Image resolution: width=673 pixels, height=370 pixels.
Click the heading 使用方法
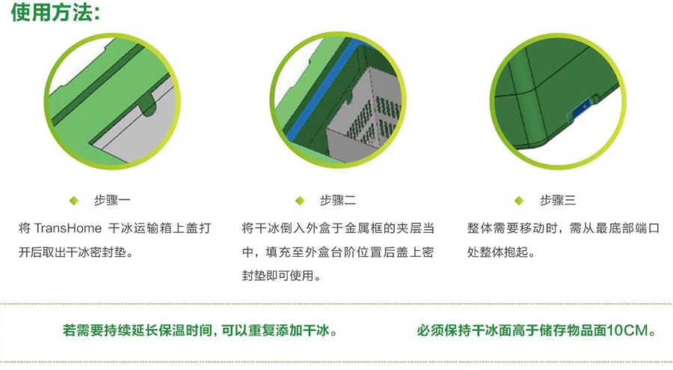pos(55,13)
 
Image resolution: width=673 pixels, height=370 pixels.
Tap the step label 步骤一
pos(112,200)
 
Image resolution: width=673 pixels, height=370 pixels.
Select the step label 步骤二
pos(337,200)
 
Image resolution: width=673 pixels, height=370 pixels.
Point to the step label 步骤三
pos(558,200)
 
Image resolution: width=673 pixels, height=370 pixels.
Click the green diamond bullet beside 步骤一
pos(74,201)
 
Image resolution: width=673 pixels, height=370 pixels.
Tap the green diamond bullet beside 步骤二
pos(300,201)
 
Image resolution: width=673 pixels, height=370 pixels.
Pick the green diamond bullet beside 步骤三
pos(519,201)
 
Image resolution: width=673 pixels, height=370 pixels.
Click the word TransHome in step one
pos(68,228)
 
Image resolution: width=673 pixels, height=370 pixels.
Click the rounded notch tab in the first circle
pos(148,103)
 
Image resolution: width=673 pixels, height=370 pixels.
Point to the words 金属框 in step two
pos(363,228)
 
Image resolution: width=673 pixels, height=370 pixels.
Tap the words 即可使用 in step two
pos(289,276)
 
